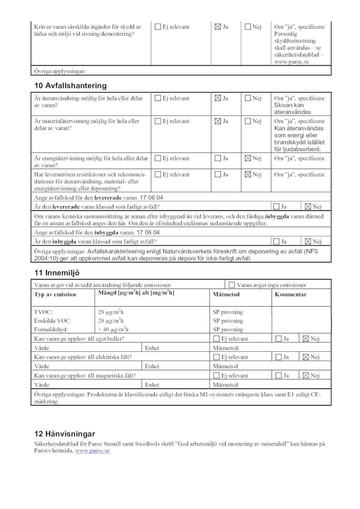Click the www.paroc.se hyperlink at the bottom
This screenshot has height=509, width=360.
[x=92, y=451]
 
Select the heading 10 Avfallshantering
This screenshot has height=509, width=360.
[x=70, y=86]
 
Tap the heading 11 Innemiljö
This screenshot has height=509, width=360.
[x=57, y=273]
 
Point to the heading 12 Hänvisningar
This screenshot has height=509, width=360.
[x=65, y=434]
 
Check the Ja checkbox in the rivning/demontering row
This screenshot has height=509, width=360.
[x=218, y=27]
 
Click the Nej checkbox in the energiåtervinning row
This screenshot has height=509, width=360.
[x=248, y=158]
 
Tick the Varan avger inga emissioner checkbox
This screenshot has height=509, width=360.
[x=232, y=285]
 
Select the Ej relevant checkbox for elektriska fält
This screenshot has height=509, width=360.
[x=216, y=357]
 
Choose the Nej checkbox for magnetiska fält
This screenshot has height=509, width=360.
[x=306, y=375]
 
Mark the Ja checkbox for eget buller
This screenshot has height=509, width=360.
[x=278, y=339]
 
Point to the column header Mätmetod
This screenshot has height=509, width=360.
[x=226, y=294]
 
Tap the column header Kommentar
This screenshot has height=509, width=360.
[x=290, y=294]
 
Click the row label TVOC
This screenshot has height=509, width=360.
[x=43, y=312]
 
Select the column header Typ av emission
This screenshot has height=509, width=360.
[x=55, y=294]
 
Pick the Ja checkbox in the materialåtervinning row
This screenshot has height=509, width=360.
[x=218, y=121]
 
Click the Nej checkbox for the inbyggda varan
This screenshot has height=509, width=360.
[x=308, y=242]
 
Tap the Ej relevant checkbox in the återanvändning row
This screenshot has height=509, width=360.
[x=158, y=98]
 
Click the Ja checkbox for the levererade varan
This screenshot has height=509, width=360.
[x=276, y=207]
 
